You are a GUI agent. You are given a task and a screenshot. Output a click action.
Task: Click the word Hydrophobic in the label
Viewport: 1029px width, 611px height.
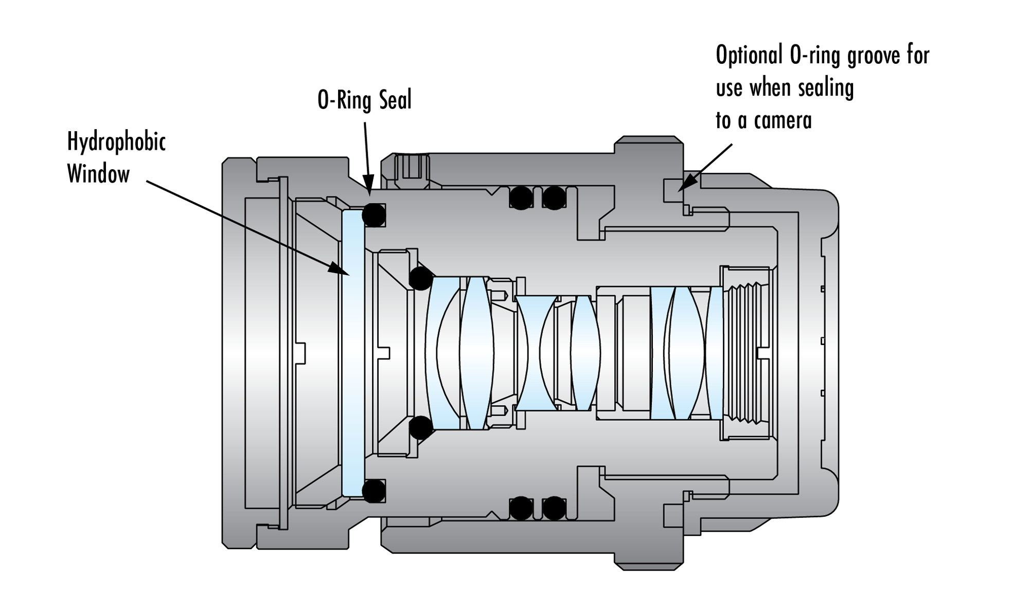116,142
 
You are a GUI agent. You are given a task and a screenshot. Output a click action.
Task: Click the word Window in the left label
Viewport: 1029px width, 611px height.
98,174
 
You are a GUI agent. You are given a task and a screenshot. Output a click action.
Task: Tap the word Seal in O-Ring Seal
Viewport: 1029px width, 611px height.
396,100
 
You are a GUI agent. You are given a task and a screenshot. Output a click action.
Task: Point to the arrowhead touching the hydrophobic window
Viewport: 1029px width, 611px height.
342,271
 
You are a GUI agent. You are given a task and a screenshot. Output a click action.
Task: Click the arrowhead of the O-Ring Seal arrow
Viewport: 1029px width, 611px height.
369,191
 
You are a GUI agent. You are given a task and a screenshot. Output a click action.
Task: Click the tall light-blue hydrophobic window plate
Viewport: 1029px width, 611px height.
353,353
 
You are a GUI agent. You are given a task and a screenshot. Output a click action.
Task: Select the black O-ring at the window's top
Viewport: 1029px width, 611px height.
374,215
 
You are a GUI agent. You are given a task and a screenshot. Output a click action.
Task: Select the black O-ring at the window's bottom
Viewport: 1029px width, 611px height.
374,491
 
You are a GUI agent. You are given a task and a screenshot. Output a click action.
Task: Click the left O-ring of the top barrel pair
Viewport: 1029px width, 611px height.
521,197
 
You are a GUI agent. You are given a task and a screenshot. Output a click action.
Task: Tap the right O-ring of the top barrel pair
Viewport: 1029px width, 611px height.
554,197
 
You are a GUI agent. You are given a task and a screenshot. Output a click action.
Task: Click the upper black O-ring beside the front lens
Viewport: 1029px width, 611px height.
420,278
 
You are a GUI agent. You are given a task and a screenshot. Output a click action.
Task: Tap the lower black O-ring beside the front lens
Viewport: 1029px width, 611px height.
420,427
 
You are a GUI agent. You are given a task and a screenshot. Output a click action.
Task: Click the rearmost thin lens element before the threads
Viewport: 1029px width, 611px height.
716,353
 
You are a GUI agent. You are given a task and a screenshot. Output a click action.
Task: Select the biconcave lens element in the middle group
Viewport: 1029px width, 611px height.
535,353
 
